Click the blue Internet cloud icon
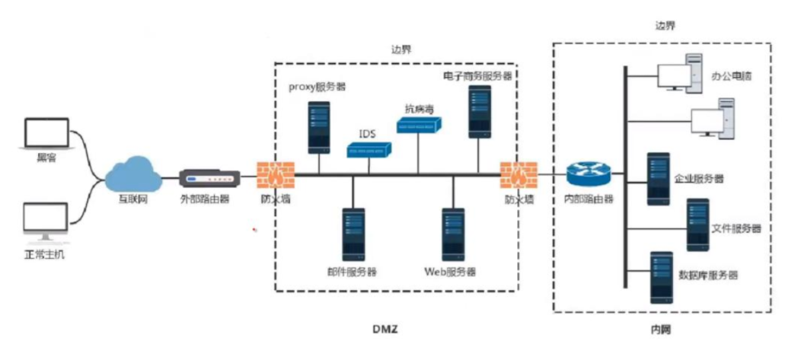[134, 174]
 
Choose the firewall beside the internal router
[517, 176]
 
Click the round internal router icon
[589, 175]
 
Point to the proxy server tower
[319, 127]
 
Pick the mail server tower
[353, 234]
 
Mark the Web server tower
[453, 234]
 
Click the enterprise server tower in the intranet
[658, 179]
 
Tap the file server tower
[697, 225]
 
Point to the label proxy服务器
[317, 87]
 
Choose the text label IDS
[367, 134]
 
